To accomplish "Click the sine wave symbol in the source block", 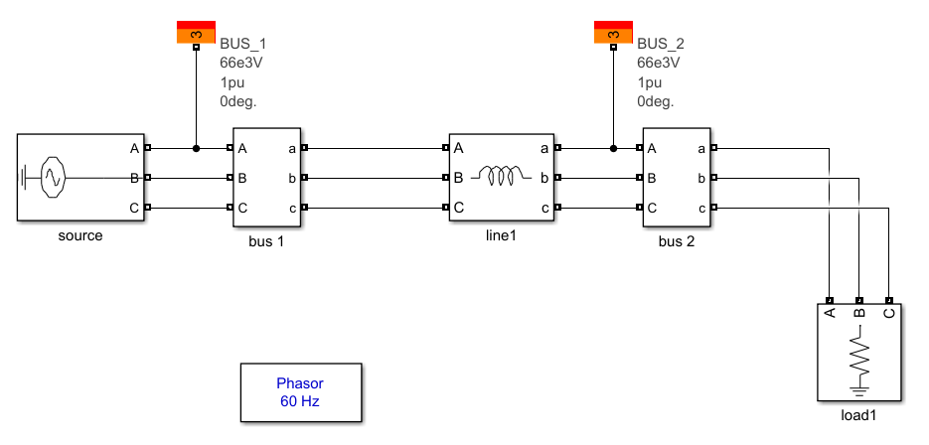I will [x=52, y=179].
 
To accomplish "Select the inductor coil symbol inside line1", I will [x=501, y=177].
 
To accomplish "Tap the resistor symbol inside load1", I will [x=858, y=355].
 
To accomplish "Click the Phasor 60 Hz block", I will [x=300, y=392].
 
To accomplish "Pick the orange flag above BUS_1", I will [x=196, y=32].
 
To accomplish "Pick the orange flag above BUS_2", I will [x=613, y=32].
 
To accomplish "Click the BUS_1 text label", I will [x=242, y=45].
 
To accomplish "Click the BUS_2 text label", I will [x=660, y=45].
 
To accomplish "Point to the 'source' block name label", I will [x=80, y=235].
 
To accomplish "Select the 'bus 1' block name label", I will [x=266, y=241].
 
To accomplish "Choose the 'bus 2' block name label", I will [x=676, y=241].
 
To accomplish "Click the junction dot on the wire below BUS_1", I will [x=196, y=148].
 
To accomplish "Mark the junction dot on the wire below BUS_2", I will [x=613, y=148].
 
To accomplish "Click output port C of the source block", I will [x=148, y=208].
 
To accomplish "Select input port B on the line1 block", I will [x=444, y=178].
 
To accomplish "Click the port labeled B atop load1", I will [x=859, y=300].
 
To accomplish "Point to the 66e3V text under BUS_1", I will [x=242, y=64].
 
